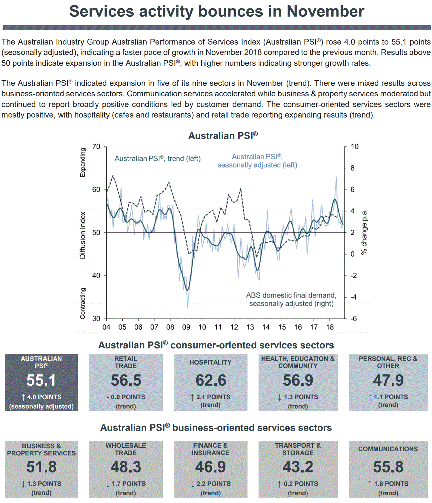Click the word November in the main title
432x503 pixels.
(x=325, y=11)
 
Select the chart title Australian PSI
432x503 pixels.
(x=223, y=136)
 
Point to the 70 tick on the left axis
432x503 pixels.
(x=96, y=147)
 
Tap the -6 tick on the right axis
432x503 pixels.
(x=353, y=318)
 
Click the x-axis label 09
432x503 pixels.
(x=186, y=327)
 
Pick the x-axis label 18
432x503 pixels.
(x=330, y=327)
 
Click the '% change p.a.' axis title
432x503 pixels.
(x=364, y=232)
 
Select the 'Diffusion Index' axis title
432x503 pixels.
(x=82, y=235)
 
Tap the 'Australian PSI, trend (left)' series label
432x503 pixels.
(x=157, y=158)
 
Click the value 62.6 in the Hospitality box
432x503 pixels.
(x=211, y=380)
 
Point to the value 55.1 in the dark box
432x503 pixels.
(x=41, y=380)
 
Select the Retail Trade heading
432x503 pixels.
(x=126, y=362)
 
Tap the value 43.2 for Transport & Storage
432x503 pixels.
(x=298, y=467)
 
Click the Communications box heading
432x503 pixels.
(x=388, y=449)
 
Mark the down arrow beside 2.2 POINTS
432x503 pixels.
(x=193, y=484)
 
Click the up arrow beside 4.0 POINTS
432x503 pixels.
(x=23, y=397)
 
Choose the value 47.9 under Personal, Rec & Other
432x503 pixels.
(x=388, y=380)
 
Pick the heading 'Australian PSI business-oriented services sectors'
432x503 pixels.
(x=216, y=428)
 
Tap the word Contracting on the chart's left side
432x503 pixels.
(x=83, y=303)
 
